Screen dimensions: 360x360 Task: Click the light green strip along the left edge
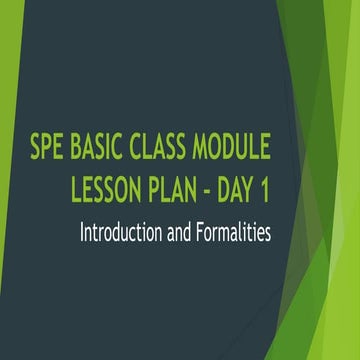[5, 200]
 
